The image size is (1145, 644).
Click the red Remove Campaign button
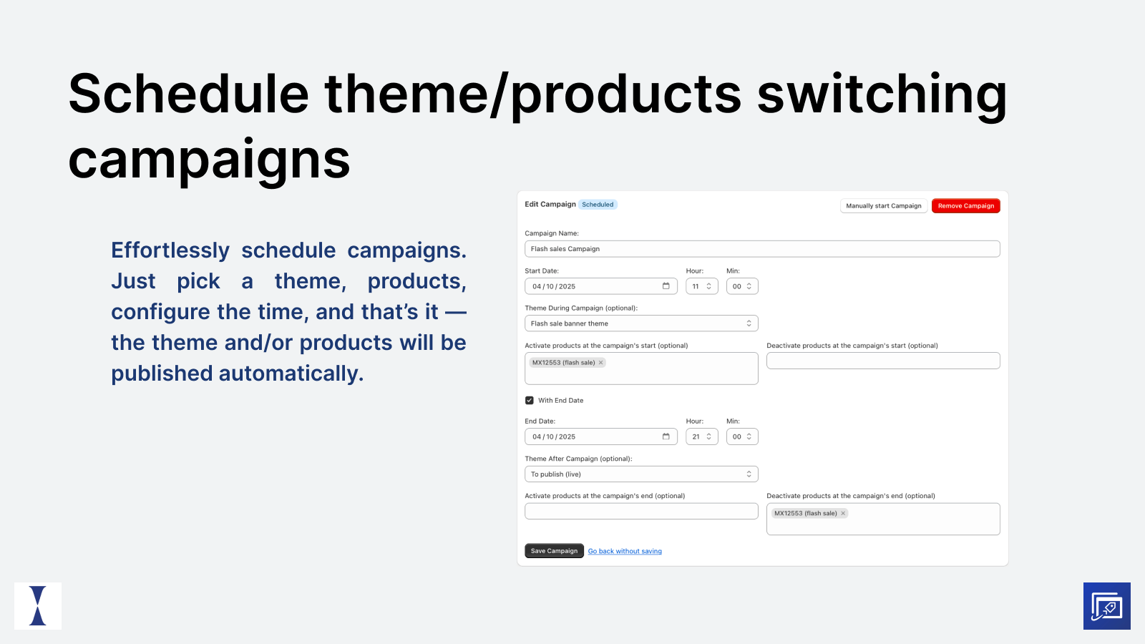pyautogui.click(x=965, y=206)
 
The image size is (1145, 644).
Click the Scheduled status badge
pyautogui.click(x=598, y=205)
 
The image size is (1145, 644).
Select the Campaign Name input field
pyautogui.click(x=761, y=249)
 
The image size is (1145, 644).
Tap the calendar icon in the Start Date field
pyautogui.click(x=666, y=286)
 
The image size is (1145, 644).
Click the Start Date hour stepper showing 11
pyautogui.click(x=701, y=286)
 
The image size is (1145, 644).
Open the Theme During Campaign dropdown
pyautogui.click(x=640, y=323)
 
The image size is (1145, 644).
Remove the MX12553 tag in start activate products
pyautogui.click(x=601, y=363)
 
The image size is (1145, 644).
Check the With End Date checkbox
pyautogui.click(x=530, y=401)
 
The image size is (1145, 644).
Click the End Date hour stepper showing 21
pyautogui.click(x=701, y=436)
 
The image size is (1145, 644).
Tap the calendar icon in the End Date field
pyautogui.click(x=666, y=436)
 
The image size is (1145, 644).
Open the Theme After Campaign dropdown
pyautogui.click(x=640, y=474)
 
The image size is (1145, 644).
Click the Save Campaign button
pyautogui.click(x=554, y=551)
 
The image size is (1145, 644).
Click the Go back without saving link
pyautogui.click(x=625, y=551)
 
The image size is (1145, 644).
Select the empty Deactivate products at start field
pyautogui.click(x=882, y=361)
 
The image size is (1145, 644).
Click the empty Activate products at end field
pyautogui.click(x=640, y=511)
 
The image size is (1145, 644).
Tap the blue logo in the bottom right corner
pyautogui.click(x=1106, y=606)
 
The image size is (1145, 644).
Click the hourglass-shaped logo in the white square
pyautogui.click(x=38, y=606)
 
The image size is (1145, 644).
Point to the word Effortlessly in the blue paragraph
pyautogui.click(x=170, y=250)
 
